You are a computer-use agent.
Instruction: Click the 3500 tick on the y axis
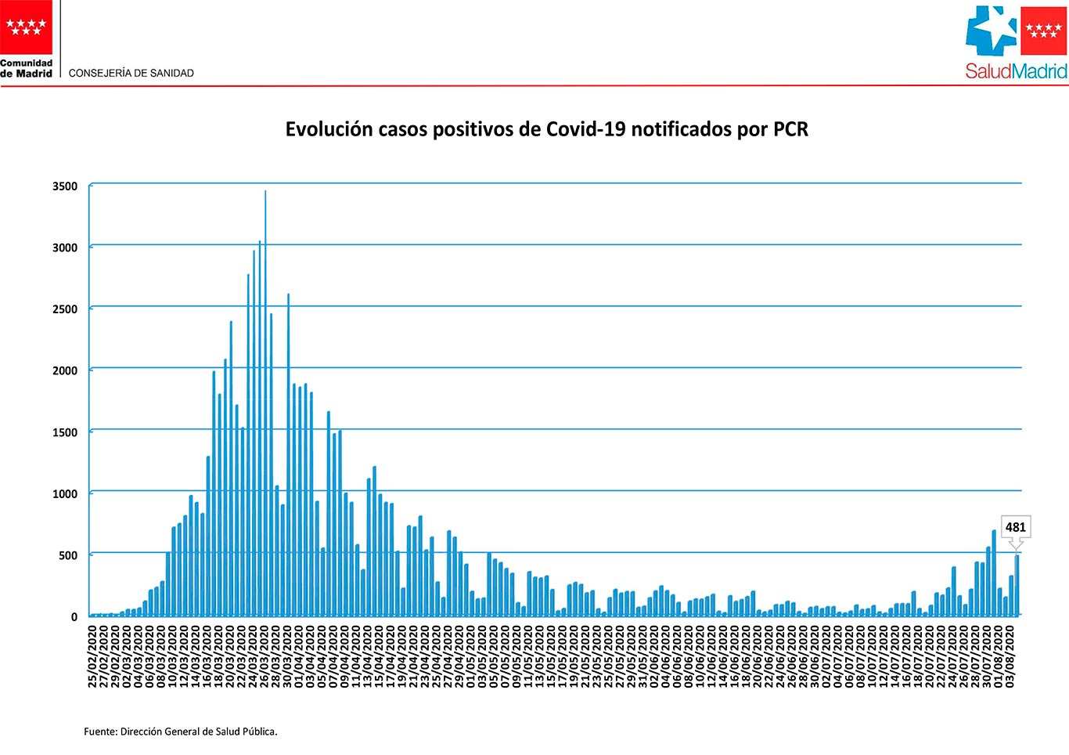tap(65, 186)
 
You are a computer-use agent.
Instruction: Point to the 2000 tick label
tap(65, 370)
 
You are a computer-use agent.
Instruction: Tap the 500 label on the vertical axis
tap(68, 555)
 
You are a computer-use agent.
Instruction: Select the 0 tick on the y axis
tap(74, 617)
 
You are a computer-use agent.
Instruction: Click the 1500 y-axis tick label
tap(65, 432)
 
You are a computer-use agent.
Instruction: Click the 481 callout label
tap(1015, 527)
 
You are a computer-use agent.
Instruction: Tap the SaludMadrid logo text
tap(1016, 71)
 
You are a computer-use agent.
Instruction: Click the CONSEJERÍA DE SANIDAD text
tap(131, 73)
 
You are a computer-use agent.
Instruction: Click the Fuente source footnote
tap(181, 732)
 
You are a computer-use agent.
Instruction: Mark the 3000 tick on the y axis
tap(65, 247)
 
